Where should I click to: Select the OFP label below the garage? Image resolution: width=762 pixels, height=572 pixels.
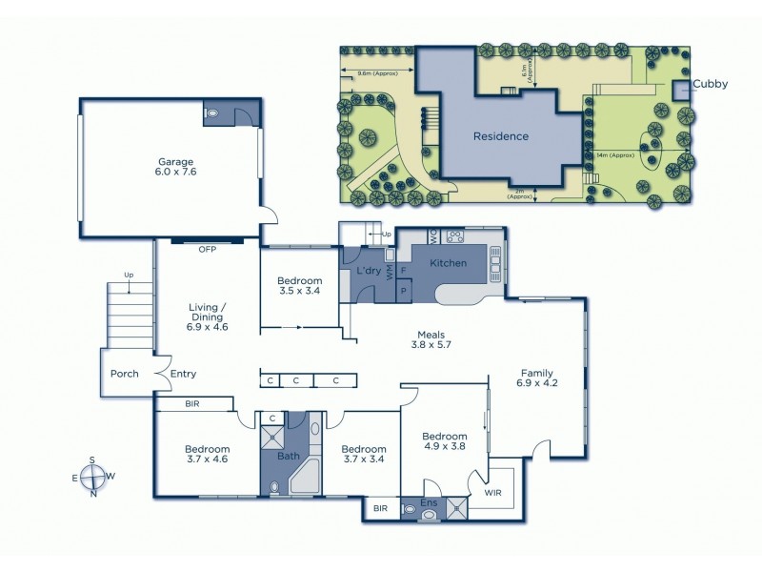pyautogui.click(x=208, y=250)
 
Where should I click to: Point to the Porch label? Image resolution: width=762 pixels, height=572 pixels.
pyautogui.click(x=125, y=374)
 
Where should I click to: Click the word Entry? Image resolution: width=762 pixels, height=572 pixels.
pyautogui.click(x=183, y=374)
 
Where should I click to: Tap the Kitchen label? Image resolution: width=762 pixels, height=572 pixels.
pyautogui.click(x=448, y=263)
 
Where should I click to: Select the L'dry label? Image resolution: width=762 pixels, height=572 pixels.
pyautogui.click(x=369, y=272)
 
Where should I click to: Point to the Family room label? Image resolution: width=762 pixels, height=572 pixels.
pyautogui.click(x=536, y=379)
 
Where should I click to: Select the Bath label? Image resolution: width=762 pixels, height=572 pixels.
pyautogui.click(x=288, y=456)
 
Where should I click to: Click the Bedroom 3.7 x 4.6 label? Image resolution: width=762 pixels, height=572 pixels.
pyautogui.click(x=207, y=456)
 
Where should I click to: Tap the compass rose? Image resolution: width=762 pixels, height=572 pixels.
pyautogui.click(x=92, y=477)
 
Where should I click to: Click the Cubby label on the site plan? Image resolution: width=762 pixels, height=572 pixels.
pyautogui.click(x=710, y=84)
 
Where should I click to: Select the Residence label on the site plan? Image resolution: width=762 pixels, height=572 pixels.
pyautogui.click(x=501, y=136)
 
